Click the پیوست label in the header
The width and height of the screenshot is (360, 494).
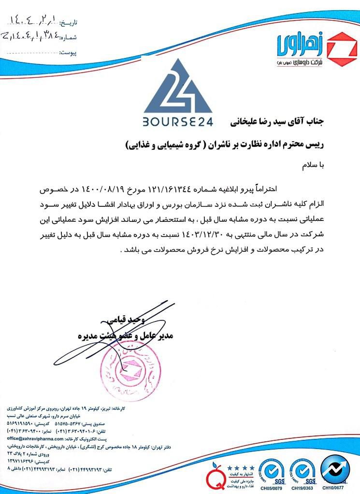tap(67, 51)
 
